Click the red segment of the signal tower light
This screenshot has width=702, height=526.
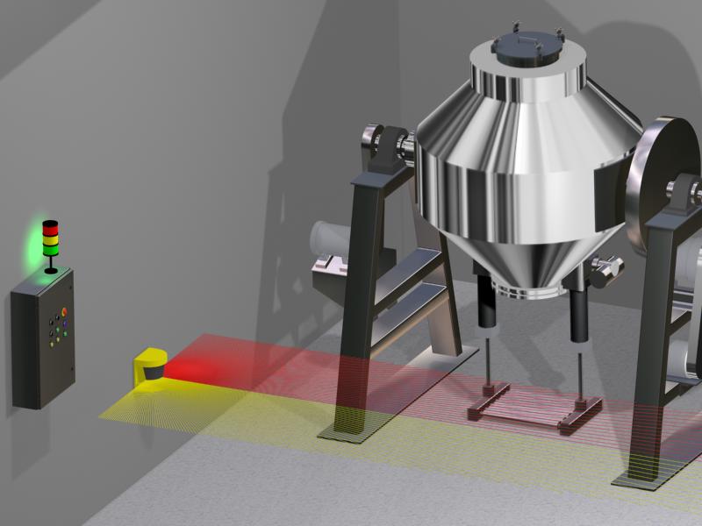[51, 225]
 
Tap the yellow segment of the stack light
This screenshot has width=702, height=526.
[51, 236]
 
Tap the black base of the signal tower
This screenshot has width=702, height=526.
[51, 267]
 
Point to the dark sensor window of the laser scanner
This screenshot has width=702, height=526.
[153, 373]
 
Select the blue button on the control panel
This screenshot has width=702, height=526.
[66, 324]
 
